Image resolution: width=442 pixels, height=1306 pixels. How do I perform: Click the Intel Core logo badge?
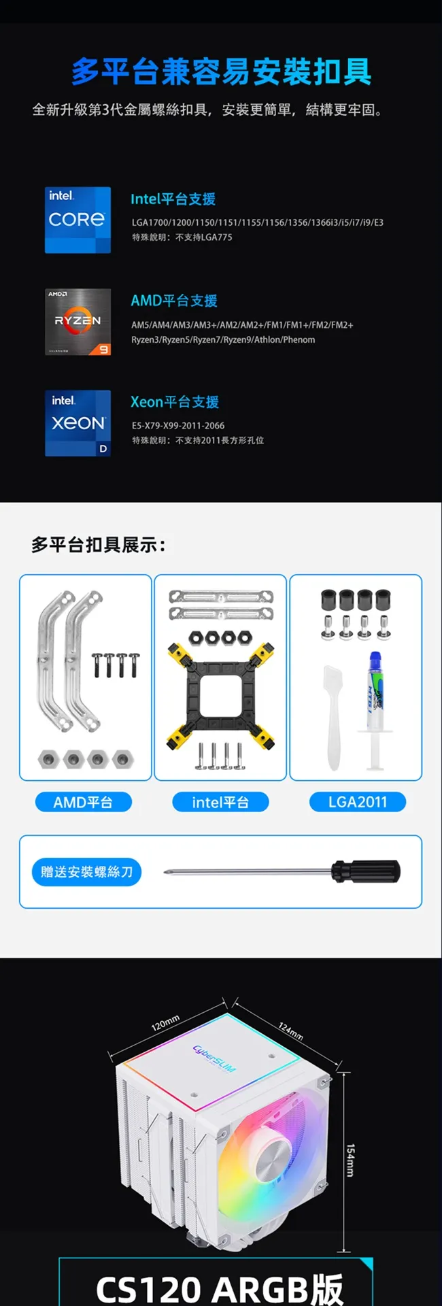(x=78, y=220)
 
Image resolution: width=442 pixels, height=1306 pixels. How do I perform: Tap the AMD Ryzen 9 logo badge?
(x=78, y=322)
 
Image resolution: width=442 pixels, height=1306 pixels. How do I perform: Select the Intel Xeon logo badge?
(x=78, y=423)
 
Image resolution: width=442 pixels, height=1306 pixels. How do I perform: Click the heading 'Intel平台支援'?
(x=173, y=199)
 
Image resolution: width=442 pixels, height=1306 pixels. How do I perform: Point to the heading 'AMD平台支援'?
(x=174, y=301)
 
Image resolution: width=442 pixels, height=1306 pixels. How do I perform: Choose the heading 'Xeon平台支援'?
(x=175, y=402)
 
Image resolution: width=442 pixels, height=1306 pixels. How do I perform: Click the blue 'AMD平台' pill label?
(x=83, y=803)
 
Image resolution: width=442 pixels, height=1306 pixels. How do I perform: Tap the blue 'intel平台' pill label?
(x=220, y=803)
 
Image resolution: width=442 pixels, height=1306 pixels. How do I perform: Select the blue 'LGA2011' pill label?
(x=358, y=802)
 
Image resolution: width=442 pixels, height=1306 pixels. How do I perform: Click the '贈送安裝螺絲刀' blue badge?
(x=86, y=872)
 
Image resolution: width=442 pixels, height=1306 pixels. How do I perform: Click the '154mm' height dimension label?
(x=350, y=1160)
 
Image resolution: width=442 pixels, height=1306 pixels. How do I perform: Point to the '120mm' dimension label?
(x=165, y=1022)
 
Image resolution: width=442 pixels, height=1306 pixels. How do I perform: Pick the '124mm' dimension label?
(x=290, y=1031)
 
